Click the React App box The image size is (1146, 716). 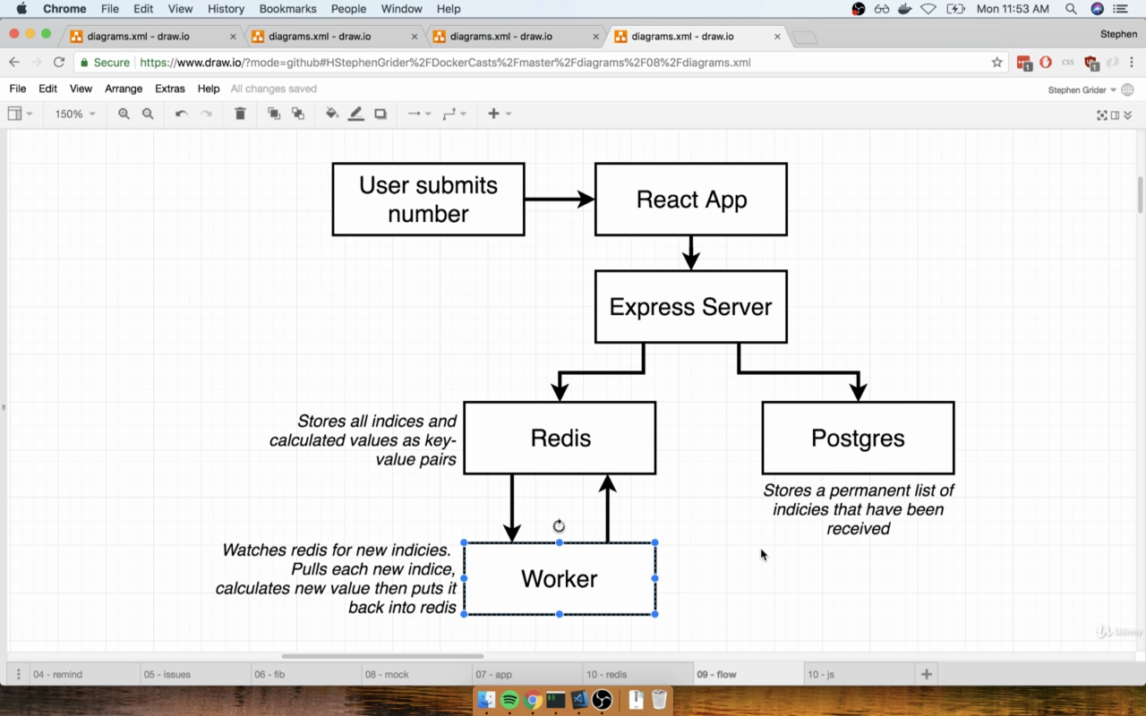click(690, 200)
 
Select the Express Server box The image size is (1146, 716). click(690, 307)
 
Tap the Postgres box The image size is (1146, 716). click(858, 438)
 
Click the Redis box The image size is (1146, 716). click(560, 438)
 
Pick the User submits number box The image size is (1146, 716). click(428, 200)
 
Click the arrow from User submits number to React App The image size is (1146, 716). click(560, 199)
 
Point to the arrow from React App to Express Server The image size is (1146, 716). click(690, 253)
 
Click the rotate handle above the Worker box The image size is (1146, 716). click(559, 525)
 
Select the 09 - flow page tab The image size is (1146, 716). click(716, 674)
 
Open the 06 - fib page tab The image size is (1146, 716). click(269, 674)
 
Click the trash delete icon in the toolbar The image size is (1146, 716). click(240, 114)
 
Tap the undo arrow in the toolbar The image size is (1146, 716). click(181, 114)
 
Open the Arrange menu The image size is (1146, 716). click(124, 89)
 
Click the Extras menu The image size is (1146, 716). click(170, 89)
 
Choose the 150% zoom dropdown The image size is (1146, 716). click(74, 114)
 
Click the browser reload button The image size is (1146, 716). click(59, 63)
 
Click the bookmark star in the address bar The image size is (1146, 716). click(996, 63)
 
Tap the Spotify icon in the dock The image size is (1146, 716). click(509, 700)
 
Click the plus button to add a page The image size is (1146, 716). click(926, 674)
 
